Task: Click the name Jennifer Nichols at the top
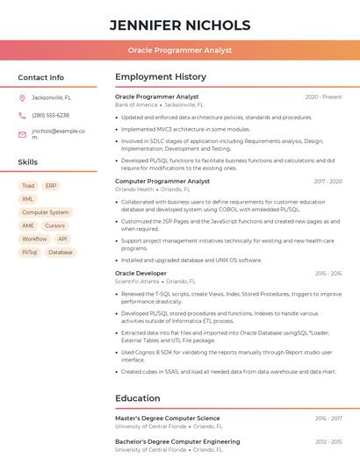(x=180, y=25)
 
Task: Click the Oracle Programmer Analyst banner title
(x=180, y=50)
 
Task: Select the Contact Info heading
(x=41, y=77)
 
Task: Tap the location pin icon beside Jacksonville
(x=22, y=97)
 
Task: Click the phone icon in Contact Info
(x=22, y=116)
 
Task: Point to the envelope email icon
(x=22, y=134)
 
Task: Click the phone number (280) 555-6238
(x=50, y=116)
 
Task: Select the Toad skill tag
(x=28, y=186)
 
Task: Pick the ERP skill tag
(x=51, y=186)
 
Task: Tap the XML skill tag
(x=28, y=199)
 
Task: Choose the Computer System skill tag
(x=45, y=212)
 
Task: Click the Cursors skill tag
(x=54, y=225)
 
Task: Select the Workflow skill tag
(x=34, y=239)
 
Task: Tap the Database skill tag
(x=61, y=252)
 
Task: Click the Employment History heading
(x=161, y=77)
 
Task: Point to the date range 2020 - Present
(x=323, y=97)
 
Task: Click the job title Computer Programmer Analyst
(x=162, y=181)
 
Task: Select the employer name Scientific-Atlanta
(x=137, y=282)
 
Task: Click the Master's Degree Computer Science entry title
(x=168, y=418)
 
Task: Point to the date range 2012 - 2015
(x=328, y=441)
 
